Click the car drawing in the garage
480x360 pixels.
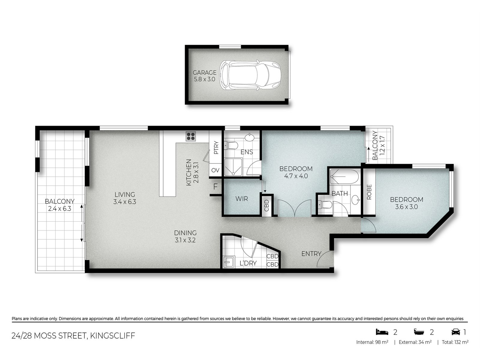coord(250,75)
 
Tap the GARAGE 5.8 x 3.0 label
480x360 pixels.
coord(204,76)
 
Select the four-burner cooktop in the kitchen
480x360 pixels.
coord(191,136)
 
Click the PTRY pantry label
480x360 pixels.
coord(216,148)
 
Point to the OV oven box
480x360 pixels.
coord(215,170)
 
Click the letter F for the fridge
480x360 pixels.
coord(215,187)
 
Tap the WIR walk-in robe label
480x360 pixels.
coord(241,199)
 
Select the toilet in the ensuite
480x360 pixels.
coord(232,145)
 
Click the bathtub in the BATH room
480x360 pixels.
coord(344,177)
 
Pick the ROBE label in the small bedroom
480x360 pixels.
coord(369,192)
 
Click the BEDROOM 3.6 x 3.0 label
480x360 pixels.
coord(406,203)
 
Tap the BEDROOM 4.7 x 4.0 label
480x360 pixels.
coord(296,172)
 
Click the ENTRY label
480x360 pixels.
coord(311,254)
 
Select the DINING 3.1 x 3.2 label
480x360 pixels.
coord(185,236)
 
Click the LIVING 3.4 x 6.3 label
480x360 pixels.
coord(124,198)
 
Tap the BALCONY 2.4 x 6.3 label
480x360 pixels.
coord(59,205)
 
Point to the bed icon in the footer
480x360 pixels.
coord(382,332)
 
